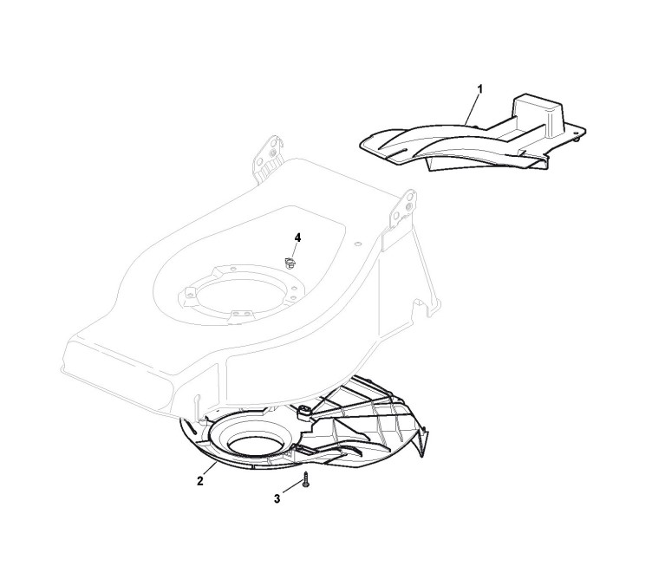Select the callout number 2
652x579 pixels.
point(200,480)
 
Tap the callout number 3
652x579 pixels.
point(277,498)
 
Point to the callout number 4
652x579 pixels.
point(297,237)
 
